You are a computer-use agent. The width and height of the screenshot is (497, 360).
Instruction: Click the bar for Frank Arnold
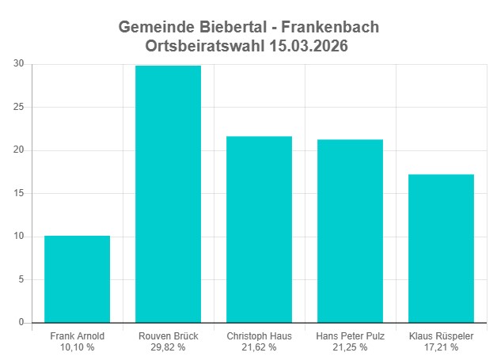77,279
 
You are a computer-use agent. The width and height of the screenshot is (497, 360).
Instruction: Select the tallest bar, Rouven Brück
168,194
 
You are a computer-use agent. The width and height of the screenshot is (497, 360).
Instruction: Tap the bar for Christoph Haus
259,229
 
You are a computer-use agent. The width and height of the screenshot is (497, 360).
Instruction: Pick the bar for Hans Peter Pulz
350,231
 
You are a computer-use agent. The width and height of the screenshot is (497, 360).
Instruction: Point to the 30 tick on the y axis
19,64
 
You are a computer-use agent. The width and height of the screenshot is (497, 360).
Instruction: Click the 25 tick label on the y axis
19,107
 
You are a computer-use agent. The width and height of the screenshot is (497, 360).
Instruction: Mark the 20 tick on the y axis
19,150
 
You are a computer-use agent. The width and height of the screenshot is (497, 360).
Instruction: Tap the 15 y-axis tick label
19,193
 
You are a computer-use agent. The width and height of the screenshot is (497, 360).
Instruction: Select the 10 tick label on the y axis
19,237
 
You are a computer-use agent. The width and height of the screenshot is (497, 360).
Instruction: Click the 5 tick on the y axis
21,279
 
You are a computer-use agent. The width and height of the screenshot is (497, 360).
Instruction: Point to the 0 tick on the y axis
21,322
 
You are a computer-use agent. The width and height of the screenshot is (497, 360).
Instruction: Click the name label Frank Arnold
77,336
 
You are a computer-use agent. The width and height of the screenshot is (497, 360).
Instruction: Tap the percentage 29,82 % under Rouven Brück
168,347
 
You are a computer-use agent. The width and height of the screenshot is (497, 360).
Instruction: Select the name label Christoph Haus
259,336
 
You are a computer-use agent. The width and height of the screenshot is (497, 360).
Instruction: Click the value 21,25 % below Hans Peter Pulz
350,347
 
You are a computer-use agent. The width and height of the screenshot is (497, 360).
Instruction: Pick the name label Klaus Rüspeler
441,336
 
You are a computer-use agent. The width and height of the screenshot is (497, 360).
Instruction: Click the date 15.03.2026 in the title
304,47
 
